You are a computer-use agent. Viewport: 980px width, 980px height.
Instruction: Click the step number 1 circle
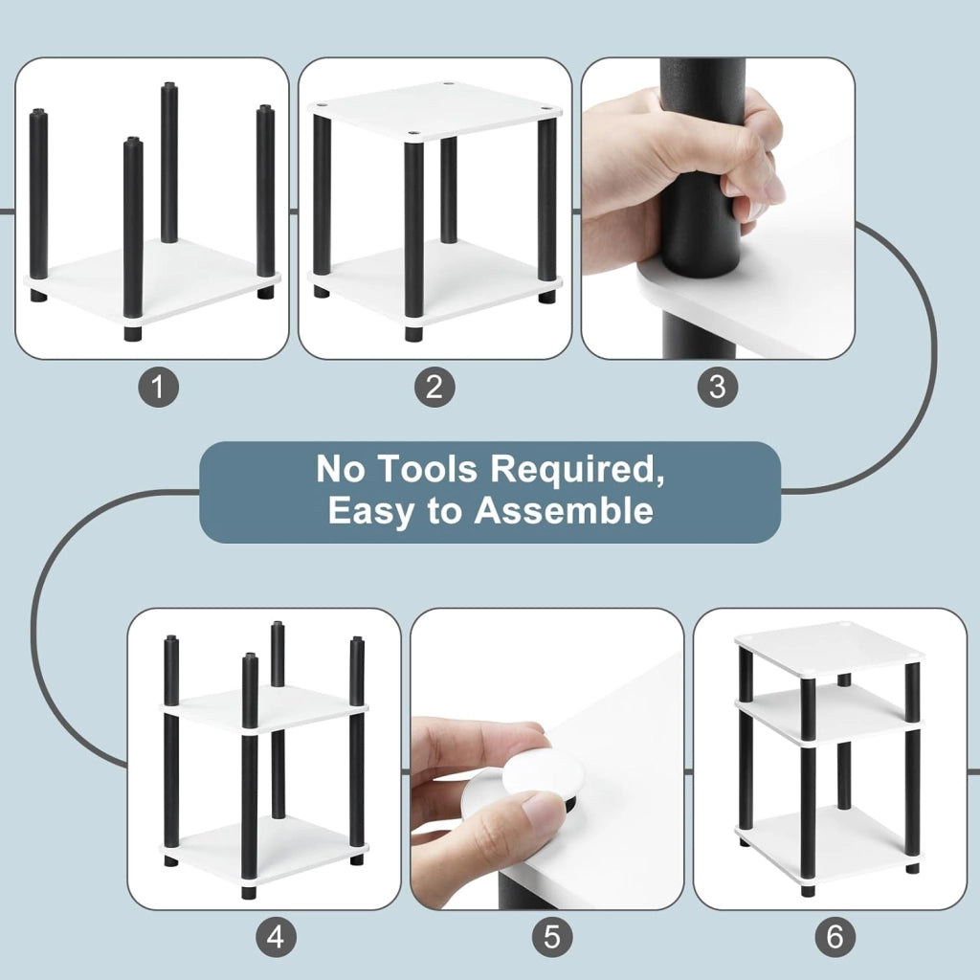pyautogui.click(x=158, y=387)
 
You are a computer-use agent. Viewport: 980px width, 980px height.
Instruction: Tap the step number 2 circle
pyautogui.click(x=434, y=387)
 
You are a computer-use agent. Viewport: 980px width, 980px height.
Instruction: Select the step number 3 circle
pyautogui.click(x=718, y=387)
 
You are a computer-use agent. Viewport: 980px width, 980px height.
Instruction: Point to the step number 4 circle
pyautogui.click(x=277, y=937)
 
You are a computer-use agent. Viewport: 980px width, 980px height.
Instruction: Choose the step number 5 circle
pyautogui.click(x=552, y=937)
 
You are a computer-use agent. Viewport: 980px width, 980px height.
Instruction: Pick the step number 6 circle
pyautogui.click(x=835, y=937)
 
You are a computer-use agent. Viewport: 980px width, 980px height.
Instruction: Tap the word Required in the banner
pyautogui.click(x=576, y=471)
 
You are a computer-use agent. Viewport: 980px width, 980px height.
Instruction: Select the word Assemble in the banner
pyautogui.click(x=564, y=511)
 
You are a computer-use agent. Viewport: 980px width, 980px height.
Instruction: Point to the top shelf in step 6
pyautogui.click(x=830, y=650)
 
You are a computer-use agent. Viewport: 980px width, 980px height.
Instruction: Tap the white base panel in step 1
pyautogui.click(x=152, y=281)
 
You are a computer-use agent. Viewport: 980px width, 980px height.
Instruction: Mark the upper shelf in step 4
pyautogui.click(x=265, y=708)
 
